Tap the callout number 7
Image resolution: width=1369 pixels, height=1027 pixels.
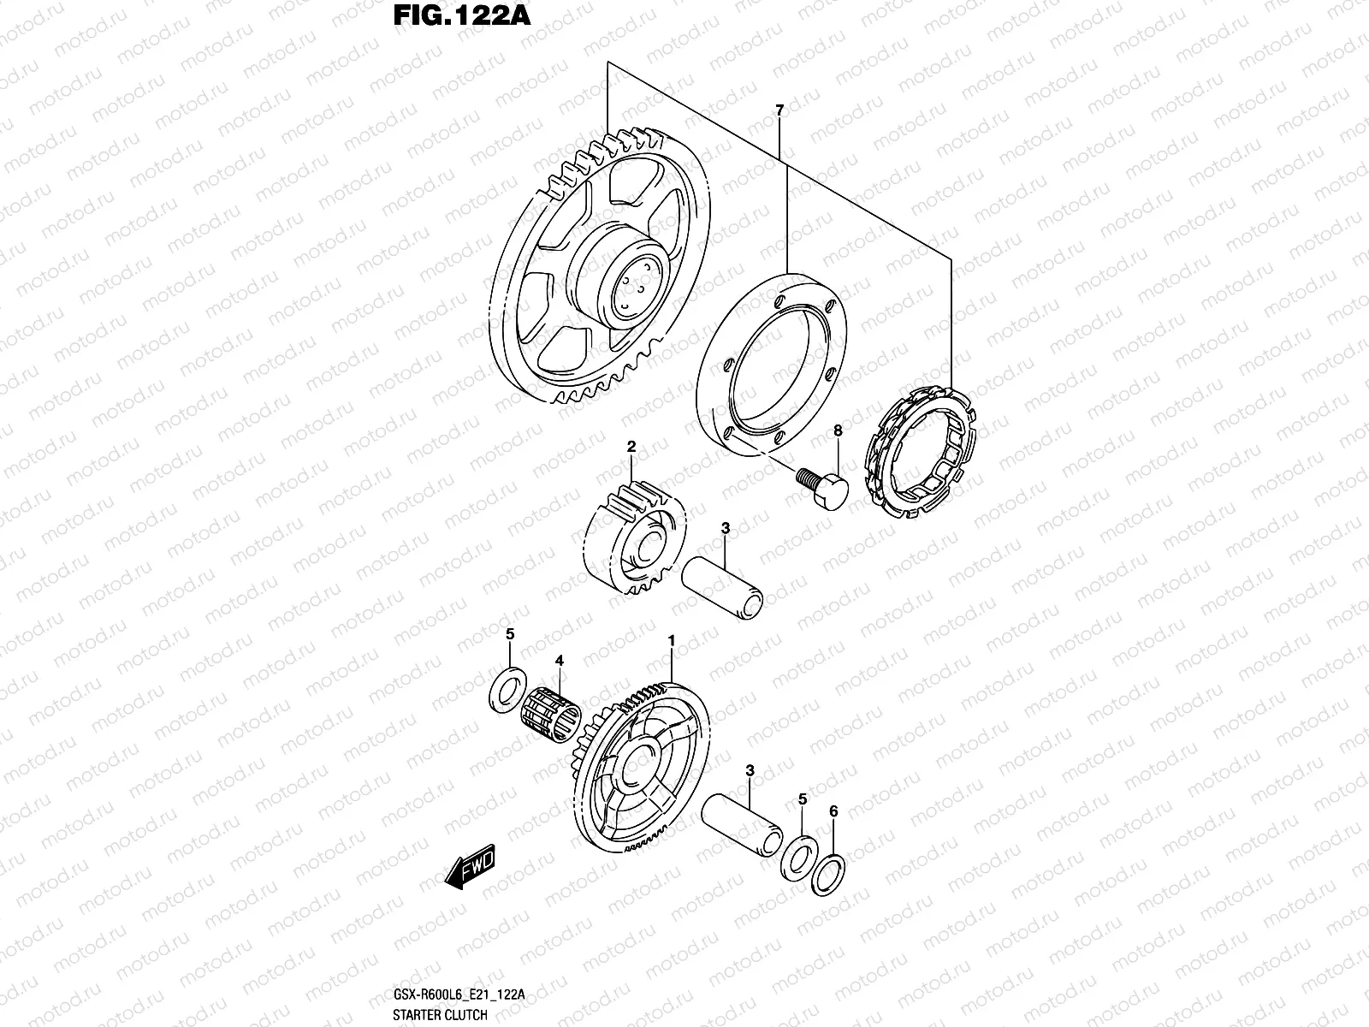[x=779, y=110]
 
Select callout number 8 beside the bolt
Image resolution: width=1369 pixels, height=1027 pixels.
[x=838, y=431]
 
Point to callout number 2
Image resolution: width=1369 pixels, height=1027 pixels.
[x=631, y=446]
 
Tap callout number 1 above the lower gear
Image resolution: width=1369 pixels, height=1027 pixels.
[x=672, y=640]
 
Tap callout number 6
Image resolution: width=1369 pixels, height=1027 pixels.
[x=833, y=810]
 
